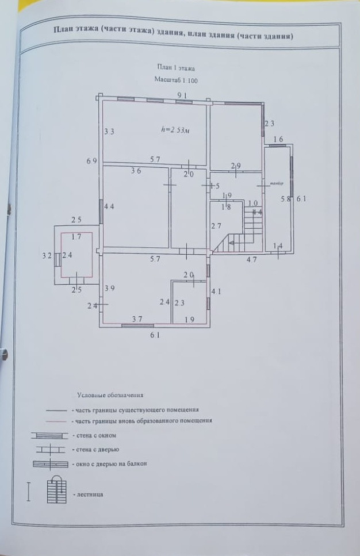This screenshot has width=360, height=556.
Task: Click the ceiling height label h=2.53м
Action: tap(176, 131)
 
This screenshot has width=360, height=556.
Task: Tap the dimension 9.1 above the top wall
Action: tap(182, 95)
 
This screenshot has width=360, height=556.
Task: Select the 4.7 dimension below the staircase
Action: tap(251, 259)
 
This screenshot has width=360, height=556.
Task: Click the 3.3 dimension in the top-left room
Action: tap(109, 132)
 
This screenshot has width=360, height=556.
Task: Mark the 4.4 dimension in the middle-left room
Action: tap(109, 206)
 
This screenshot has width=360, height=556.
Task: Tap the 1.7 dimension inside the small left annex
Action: tap(76, 236)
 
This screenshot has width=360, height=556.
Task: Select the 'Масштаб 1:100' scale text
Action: tap(176, 80)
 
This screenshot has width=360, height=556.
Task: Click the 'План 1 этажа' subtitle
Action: tap(175, 68)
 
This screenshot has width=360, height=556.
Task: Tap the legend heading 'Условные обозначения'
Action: tap(109, 396)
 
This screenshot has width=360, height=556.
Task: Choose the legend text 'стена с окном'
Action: tap(89, 435)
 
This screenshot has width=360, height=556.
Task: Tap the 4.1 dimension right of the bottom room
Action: tap(216, 292)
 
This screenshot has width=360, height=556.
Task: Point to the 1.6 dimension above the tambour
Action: tap(278, 139)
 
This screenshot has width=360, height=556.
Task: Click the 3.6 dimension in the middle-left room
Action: tap(136, 170)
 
